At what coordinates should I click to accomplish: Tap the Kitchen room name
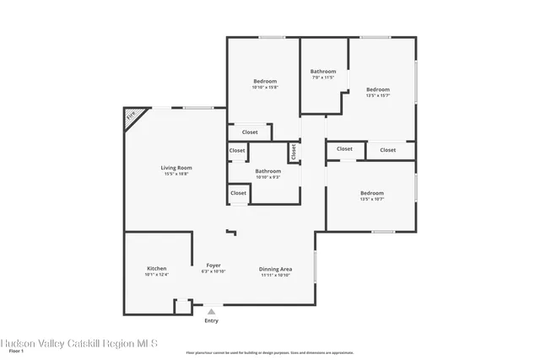pyautogui.click(x=157, y=268)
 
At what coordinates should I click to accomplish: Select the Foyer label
pyautogui.click(x=214, y=266)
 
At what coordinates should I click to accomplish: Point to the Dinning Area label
pyautogui.click(x=275, y=269)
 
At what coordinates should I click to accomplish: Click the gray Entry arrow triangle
pyautogui.click(x=211, y=311)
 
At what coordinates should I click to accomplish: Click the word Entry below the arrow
pyautogui.click(x=211, y=320)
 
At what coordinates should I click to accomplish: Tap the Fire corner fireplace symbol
pyautogui.click(x=131, y=117)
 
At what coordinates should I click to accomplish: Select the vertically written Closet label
pyautogui.click(x=294, y=152)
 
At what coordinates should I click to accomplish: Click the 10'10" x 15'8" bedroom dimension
pyautogui.click(x=265, y=88)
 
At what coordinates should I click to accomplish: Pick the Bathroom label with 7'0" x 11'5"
pyautogui.click(x=322, y=72)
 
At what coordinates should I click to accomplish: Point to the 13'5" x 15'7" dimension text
pyautogui.click(x=377, y=95)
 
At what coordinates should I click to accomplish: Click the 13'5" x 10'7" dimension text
pyautogui.click(x=372, y=199)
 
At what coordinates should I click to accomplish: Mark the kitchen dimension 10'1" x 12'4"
pyautogui.click(x=157, y=275)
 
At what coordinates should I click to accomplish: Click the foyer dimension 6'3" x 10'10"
pyautogui.click(x=214, y=271)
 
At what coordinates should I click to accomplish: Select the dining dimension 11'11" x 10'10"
pyautogui.click(x=275, y=275)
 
